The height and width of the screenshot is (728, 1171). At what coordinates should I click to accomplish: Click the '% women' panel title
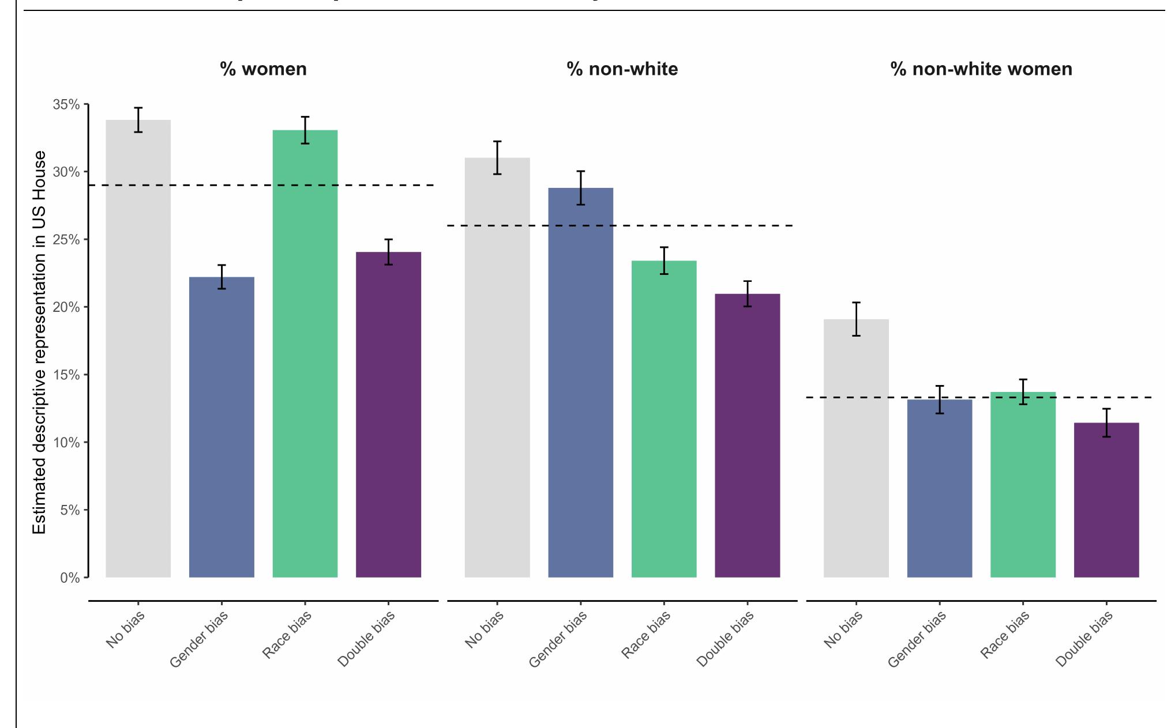click(263, 69)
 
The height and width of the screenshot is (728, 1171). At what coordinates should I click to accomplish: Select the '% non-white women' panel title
click(981, 69)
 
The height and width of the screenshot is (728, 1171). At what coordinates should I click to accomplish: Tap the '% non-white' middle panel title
click(622, 69)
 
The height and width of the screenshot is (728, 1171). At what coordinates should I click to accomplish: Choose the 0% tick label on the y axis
click(69, 578)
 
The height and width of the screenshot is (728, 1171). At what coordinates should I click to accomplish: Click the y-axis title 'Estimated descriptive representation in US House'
click(39, 342)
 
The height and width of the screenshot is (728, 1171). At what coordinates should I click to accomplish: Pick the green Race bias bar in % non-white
click(664, 421)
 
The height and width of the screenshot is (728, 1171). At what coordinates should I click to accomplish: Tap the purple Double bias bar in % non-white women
click(1106, 501)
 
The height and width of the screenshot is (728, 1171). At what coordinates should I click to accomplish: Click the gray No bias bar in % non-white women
click(856, 450)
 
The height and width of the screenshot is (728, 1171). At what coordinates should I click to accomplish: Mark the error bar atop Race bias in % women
click(305, 130)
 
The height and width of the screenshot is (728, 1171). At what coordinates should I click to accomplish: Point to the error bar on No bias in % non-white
click(497, 157)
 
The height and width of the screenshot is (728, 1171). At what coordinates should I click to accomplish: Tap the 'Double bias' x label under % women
click(367, 639)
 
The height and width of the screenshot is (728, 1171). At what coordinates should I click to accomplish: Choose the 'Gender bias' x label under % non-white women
click(917, 639)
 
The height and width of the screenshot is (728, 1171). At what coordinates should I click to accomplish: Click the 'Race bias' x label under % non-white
click(646, 634)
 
